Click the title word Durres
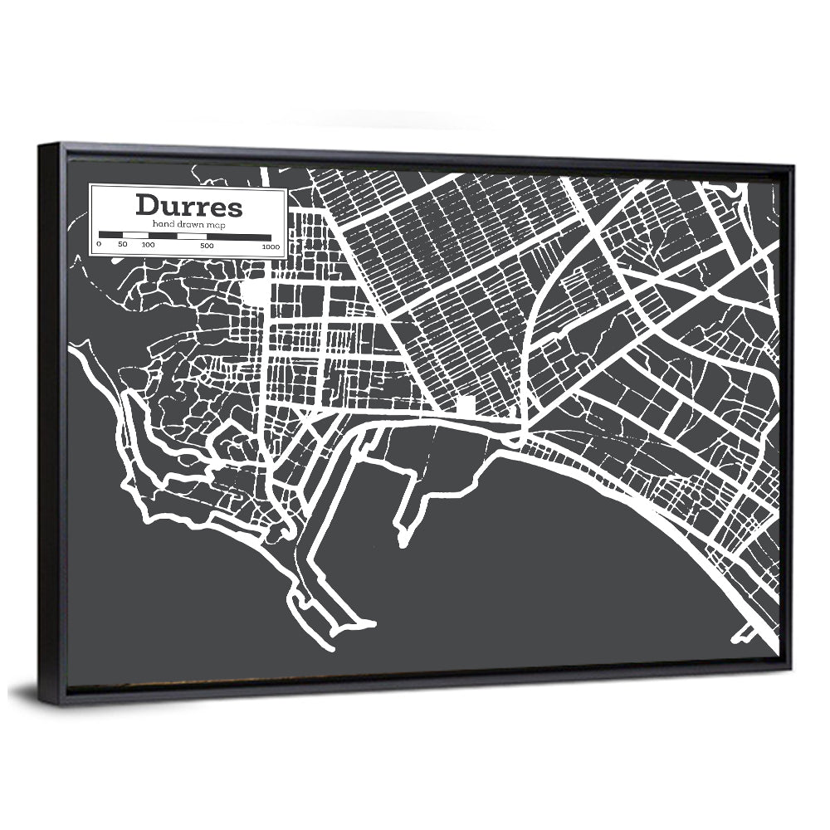(x=189, y=205)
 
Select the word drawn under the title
(x=190, y=225)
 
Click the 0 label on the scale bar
(x=98, y=244)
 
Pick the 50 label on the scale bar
(x=123, y=244)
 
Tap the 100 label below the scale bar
(x=148, y=245)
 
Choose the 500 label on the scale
(x=207, y=246)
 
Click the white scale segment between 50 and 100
(x=135, y=235)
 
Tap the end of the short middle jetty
(x=403, y=544)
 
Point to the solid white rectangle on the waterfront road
(x=466, y=404)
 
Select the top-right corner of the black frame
(x=793, y=166)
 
